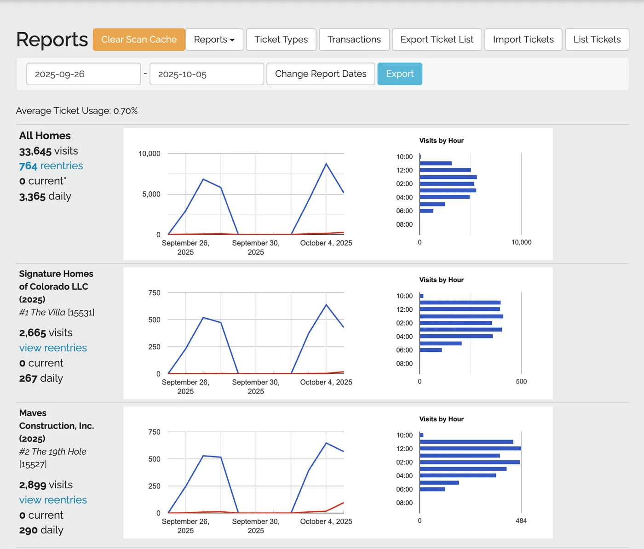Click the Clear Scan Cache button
(x=139, y=40)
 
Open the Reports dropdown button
(x=214, y=40)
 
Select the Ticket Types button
(x=281, y=40)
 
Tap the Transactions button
(x=354, y=40)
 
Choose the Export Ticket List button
(x=437, y=40)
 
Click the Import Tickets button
(x=523, y=40)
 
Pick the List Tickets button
(x=597, y=40)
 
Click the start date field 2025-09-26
(x=84, y=74)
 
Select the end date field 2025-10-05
(x=207, y=74)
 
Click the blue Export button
(x=400, y=74)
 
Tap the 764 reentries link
(x=51, y=166)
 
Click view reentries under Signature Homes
(x=53, y=348)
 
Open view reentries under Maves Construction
(x=53, y=500)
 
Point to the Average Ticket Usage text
(x=77, y=111)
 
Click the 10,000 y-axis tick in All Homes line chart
(x=149, y=154)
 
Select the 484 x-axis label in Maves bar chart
(x=521, y=520)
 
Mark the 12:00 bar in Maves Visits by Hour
(x=470, y=448)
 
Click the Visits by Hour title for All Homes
(x=441, y=141)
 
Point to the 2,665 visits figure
(x=46, y=332)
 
